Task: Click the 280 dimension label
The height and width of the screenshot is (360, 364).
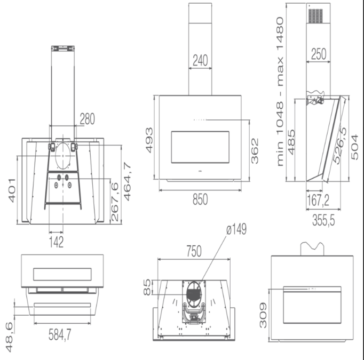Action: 87,119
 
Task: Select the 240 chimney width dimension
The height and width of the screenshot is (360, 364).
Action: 200,61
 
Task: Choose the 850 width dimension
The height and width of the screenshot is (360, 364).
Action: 199,199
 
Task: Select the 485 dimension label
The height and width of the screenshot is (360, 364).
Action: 292,142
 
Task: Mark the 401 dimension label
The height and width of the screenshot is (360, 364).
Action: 12,189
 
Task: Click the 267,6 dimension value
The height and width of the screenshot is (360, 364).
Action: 115,202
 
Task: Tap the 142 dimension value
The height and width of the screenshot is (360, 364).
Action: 57,243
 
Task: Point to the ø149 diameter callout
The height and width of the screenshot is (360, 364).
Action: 236,229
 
